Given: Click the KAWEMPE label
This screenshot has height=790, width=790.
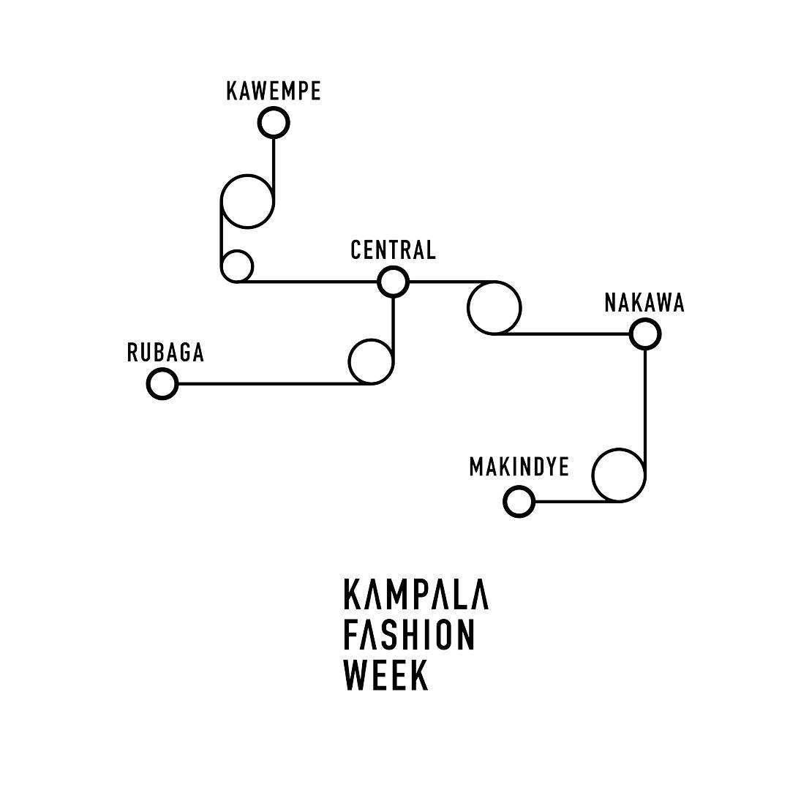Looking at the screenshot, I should coord(274,91).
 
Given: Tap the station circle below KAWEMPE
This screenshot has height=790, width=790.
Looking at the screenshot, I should coord(274,122).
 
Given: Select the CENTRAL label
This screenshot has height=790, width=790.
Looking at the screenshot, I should coord(394,250).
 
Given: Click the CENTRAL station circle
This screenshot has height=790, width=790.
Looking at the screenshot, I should coord(394,281).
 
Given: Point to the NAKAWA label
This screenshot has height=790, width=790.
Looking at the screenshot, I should coord(644,303).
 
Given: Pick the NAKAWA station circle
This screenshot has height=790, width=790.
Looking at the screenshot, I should coord(644,335).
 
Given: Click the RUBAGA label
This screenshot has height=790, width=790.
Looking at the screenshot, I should coord(165,353).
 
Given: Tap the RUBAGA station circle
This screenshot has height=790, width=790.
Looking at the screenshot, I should coord(162,383).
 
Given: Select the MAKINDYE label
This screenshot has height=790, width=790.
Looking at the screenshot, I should coord(519,467).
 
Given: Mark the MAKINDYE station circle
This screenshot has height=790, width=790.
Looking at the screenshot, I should coord(519,503).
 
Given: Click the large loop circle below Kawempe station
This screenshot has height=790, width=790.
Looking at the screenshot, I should coord(248,201).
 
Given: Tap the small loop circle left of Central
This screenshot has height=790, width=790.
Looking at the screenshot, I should coord(237,266).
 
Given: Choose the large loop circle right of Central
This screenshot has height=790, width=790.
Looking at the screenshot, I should coord(494,308).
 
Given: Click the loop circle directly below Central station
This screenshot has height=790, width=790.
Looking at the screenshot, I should coord(371,361).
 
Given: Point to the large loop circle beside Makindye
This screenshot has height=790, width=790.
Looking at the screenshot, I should coord(618,475).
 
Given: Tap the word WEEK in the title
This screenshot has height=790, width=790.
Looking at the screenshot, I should coord(385,675).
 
